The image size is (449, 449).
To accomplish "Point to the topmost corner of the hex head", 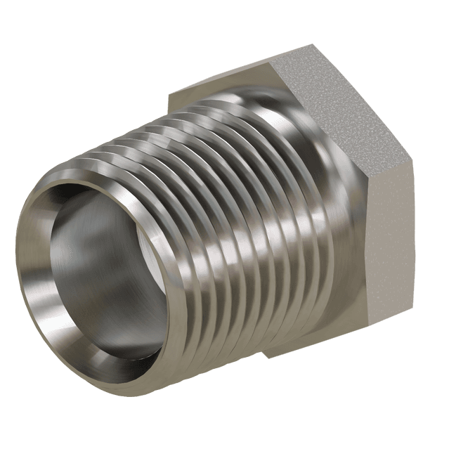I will [308, 44].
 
